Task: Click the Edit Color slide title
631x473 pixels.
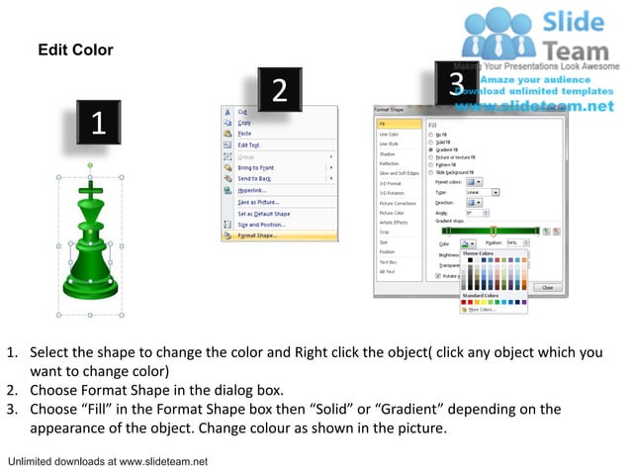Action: [x=75, y=49]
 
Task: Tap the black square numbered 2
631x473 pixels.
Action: [x=279, y=90]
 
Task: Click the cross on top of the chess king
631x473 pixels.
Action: [x=90, y=187]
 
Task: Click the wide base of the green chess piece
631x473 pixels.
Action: [x=91, y=286]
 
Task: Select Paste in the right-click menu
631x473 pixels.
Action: [x=244, y=134]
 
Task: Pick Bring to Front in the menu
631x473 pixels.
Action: [x=255, y=168]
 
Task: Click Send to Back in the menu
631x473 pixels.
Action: [x=253, y=178]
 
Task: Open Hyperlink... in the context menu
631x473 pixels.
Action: [x=251, y=190]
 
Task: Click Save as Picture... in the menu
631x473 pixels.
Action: [x=256, y=203]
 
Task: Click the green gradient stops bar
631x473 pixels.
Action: [x=481, y=231]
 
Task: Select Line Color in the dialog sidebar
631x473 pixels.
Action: [x=389, y=134]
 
